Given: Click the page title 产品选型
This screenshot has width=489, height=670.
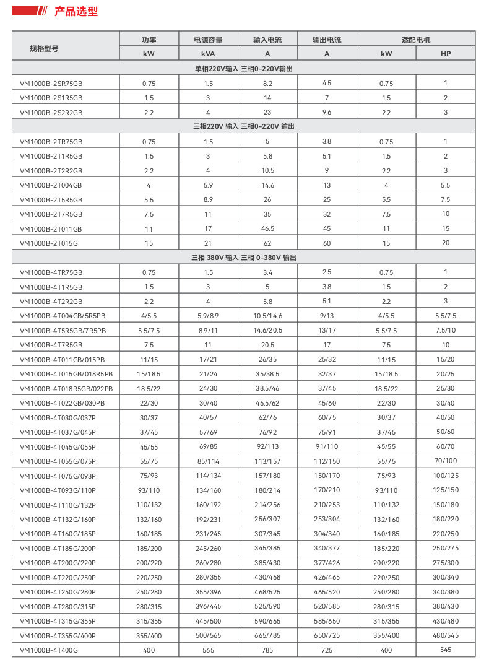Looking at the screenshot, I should (76, 12).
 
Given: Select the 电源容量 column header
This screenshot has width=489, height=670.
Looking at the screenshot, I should (208, 40).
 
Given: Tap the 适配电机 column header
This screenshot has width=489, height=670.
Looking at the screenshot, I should (416, 40).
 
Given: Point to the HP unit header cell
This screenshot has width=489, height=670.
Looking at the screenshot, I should (446, 54).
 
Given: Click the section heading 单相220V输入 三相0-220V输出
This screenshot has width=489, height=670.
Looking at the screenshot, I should (244, 68).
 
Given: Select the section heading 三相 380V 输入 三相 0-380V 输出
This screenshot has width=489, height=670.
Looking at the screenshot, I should (244, 257).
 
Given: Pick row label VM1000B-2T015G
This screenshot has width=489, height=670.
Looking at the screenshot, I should (49, 243).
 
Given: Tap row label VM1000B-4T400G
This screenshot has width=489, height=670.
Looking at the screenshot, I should (49, 650).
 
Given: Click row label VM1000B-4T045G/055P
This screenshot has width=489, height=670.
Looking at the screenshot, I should (58, 446).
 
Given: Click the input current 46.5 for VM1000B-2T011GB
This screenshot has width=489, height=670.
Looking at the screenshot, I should (267, 228).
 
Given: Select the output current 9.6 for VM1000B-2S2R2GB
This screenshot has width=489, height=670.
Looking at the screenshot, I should (327, 113).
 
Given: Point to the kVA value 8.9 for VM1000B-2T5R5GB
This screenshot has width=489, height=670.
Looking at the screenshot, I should (208, 199).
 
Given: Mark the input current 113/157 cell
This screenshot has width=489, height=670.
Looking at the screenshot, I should (267, 461).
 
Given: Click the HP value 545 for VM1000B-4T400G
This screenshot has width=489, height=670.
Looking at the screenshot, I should (446, 650).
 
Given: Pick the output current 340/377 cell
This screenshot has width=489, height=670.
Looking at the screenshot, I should (327, 548).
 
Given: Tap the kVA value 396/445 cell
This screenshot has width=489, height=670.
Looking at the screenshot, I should (208, 606).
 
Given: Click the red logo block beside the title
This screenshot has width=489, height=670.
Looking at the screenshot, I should (28, 12).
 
